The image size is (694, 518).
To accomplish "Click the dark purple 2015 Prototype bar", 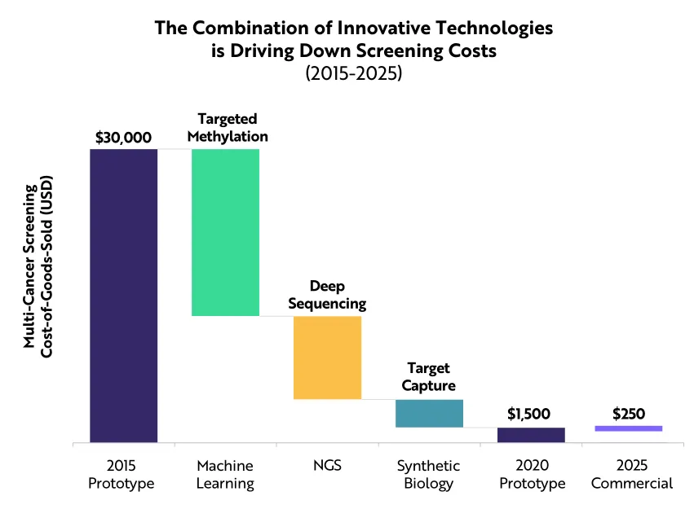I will (x=123, y=296).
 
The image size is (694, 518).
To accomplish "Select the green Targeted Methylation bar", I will (x=225, y=232).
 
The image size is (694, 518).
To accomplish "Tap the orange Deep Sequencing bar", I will (x=327, y=357).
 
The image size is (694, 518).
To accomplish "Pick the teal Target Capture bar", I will (x=429, y=413).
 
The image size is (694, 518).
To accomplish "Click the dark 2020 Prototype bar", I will (x=531, y=435).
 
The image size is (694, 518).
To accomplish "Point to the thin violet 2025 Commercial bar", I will (x=629, y=428).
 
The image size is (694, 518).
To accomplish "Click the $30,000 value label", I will (x=124, y=137).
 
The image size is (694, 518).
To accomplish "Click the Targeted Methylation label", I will (x=228, y=126).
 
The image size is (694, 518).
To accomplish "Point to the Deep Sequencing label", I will (x=327, y=295).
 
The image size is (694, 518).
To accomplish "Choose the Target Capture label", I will (x=429, y=377).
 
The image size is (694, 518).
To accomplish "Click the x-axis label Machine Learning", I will (x=225, y=475).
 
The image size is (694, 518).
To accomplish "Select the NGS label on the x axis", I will (x=327, y=467).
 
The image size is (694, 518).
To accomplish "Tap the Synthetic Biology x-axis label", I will (x=429, y=475).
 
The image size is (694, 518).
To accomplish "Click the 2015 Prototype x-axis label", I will (x=123, y=475).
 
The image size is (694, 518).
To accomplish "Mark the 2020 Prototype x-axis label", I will (x=531, y=475).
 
